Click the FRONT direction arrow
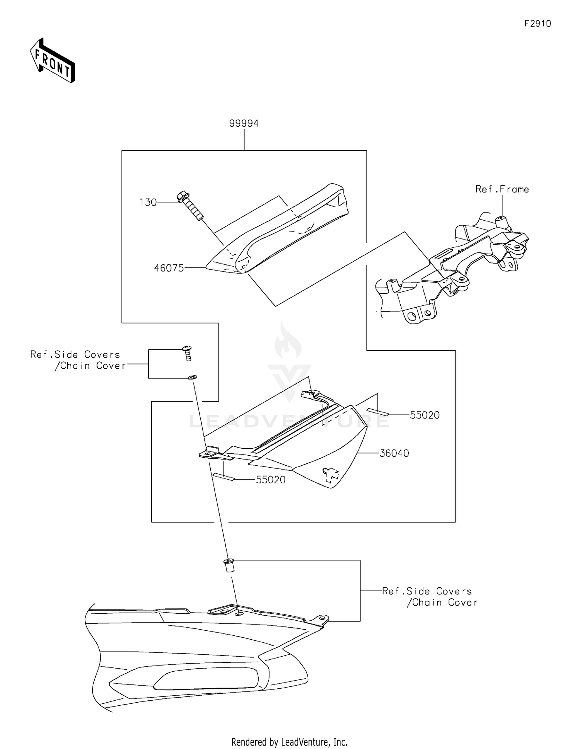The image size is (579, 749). point(52,61)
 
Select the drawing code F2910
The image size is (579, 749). point(538,24)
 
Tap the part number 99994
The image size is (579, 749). point(244,123)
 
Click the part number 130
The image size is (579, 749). point(148,202)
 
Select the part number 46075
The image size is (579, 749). point(169,268)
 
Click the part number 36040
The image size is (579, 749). point(394,453)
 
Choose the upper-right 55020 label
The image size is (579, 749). point(425,415)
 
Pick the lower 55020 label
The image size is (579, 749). point(271,480)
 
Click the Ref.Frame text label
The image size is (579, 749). point(502,189)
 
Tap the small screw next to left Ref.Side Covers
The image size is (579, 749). point(188,353)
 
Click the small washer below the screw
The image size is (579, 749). point(192,376)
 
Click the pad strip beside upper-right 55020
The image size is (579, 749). point(378,412)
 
